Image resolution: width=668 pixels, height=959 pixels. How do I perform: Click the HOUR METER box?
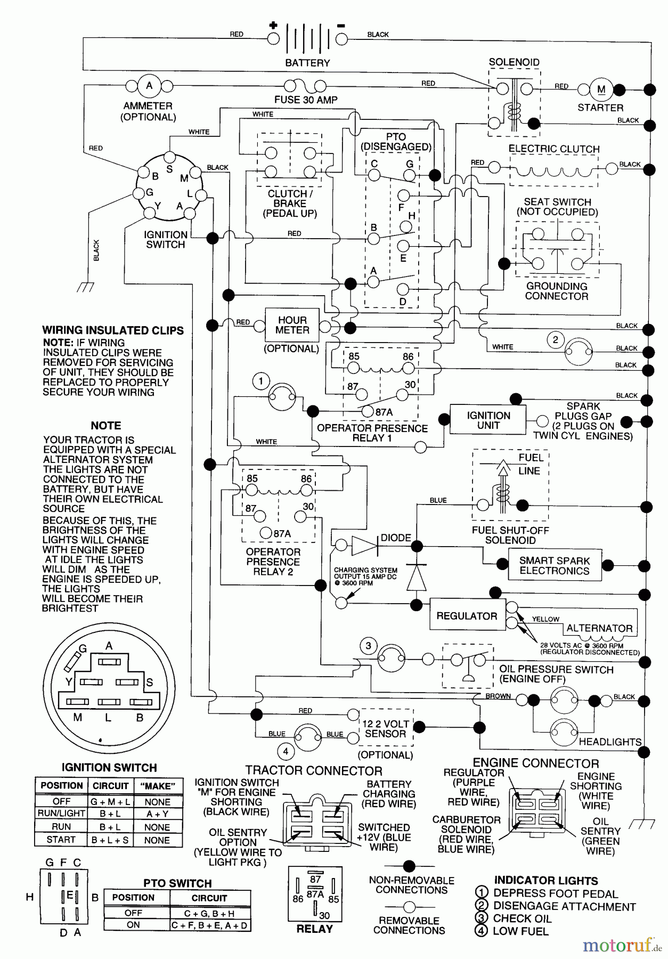[x=292, y=325]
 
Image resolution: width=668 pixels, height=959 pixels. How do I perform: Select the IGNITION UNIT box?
[x=488, y=420]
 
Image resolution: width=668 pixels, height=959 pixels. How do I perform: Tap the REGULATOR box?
[x=467, y=616]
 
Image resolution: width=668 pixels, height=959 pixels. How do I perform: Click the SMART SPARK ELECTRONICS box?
[x=555, y=566]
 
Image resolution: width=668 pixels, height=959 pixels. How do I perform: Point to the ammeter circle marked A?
[x=149, y=86]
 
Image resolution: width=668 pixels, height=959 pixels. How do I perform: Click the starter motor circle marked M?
[x=601, y=90]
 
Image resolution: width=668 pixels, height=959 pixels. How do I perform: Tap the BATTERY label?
[x=307, y=63]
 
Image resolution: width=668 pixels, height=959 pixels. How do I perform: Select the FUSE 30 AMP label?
[x=306, y=100]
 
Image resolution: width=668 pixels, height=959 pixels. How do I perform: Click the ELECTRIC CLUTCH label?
[x=553, y=149]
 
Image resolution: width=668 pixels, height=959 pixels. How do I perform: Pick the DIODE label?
[x=396, y=538]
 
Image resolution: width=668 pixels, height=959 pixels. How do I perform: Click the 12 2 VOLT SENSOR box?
[x=386, y=729]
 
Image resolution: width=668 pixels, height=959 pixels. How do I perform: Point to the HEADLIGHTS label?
[x=610, y=742]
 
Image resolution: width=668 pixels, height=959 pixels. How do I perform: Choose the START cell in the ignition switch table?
[x=61, y=840]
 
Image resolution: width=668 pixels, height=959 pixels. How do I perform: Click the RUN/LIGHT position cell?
[x=61, y=814]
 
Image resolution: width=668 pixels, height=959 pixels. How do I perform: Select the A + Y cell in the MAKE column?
[x=157, y=814]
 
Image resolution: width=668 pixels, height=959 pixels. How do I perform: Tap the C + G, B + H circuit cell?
[x=209, y=913]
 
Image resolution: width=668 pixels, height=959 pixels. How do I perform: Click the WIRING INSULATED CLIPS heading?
[x=113, y=330]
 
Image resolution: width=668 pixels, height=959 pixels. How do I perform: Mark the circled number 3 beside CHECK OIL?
[x=481, y=918]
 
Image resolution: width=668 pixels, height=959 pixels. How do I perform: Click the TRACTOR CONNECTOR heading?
[x=314, y=771]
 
